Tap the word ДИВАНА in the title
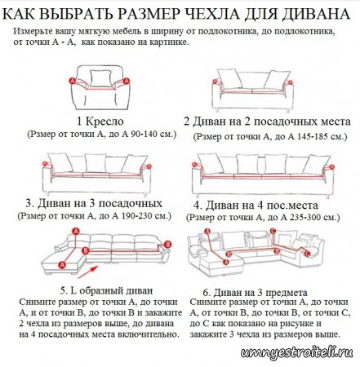click(320, 12)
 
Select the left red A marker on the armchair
click(72, 82)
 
